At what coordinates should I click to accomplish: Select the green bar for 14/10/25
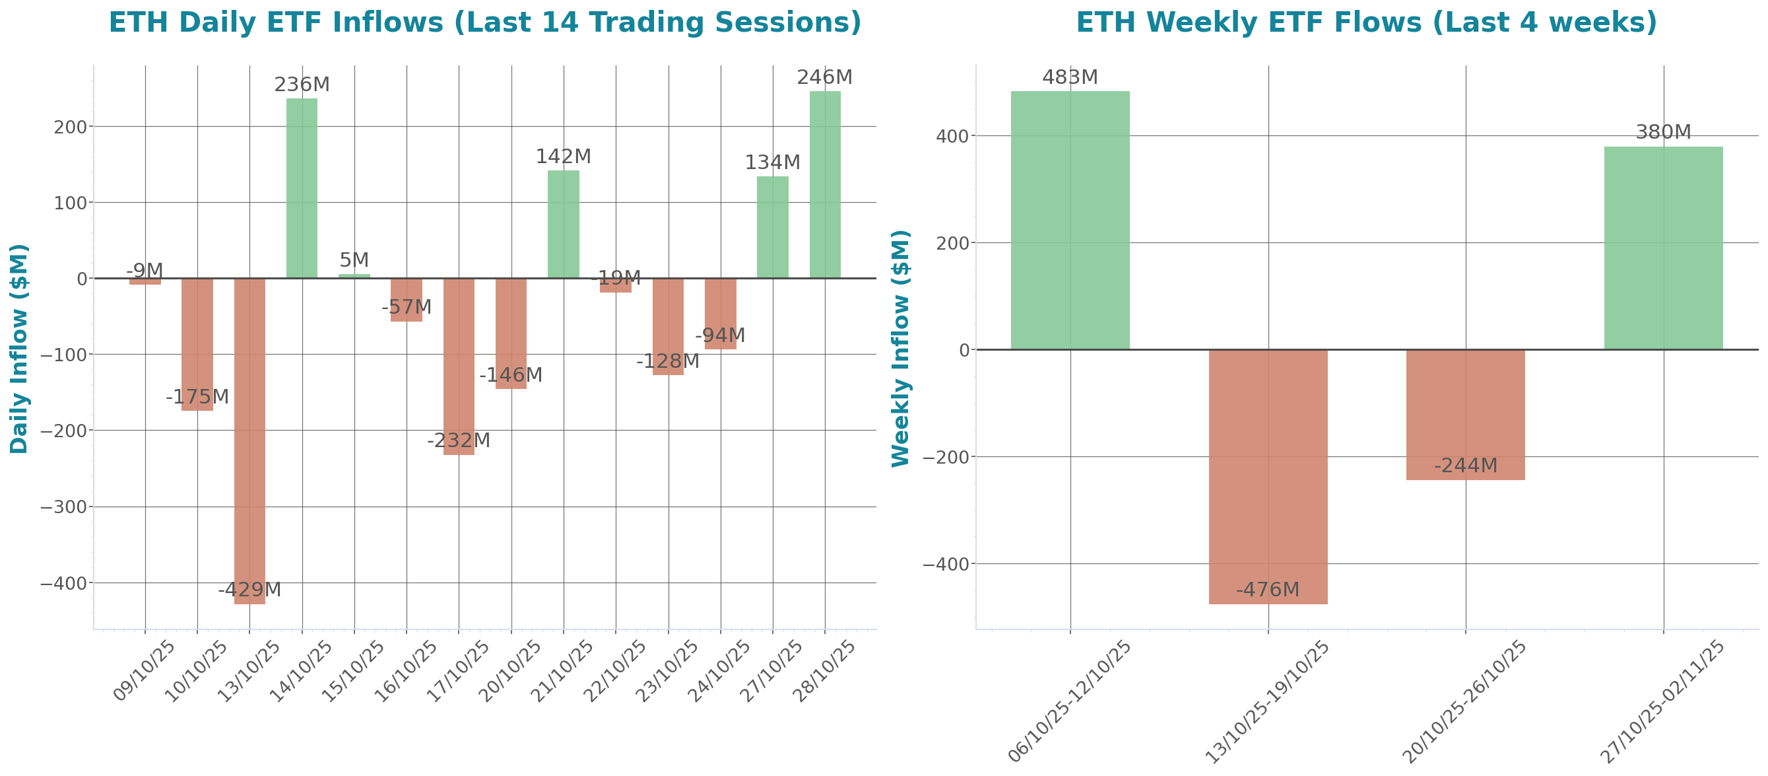coord(302,188)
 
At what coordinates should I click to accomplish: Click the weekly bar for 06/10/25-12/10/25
coord(1070,220)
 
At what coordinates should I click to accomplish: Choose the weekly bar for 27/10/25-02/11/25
coord(1663,247)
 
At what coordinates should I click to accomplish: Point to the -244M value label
coord(1465,466)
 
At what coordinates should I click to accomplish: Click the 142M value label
coord(563,157)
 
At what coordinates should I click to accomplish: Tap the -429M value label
coord(249,589)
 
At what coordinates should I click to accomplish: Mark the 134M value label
coord(772,162)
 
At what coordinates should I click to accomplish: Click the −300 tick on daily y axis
coord(63,507)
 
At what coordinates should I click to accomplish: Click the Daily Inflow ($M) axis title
coord(18,348)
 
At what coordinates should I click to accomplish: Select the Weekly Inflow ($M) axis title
coord(900,348)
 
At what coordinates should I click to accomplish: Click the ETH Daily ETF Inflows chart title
coord(484,22)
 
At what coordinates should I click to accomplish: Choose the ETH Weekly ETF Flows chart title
coord(1366,22)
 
